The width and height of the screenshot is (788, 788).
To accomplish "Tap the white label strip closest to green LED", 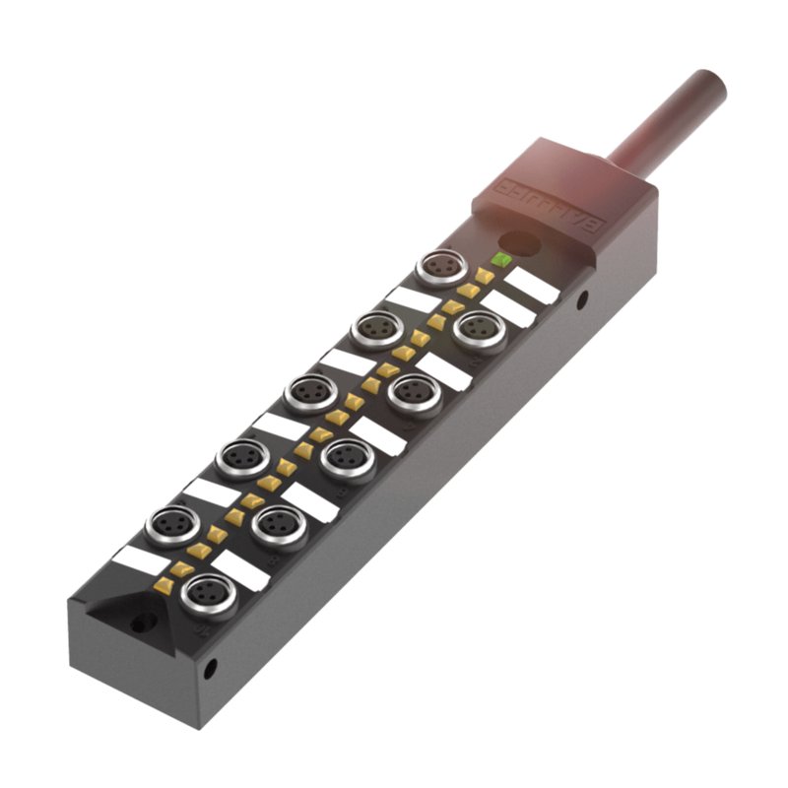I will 532,286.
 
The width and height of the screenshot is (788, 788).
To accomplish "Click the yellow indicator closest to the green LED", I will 485,276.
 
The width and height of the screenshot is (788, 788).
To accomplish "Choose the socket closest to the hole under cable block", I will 480,331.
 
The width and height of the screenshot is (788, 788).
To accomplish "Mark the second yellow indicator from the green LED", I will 469,291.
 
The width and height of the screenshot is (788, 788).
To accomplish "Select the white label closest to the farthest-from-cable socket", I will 241,570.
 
